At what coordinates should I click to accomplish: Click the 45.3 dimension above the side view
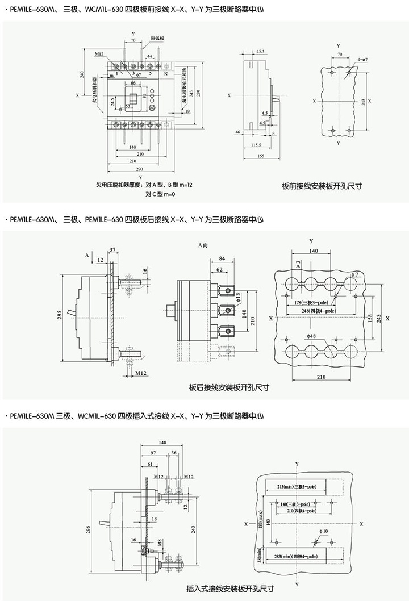point(261,52)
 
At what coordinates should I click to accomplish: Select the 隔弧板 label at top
point(157,38)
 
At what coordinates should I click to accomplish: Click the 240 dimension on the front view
point(82,76)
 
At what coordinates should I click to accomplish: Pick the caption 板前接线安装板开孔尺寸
point(322,186)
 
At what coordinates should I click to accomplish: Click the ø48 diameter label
point(311,337)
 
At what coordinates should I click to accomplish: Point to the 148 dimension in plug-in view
point(163,442)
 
